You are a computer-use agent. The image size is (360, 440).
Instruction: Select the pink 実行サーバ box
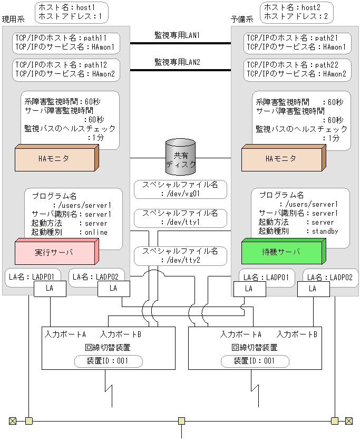click(55, 252)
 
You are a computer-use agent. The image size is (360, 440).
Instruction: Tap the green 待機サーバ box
click(283, 252)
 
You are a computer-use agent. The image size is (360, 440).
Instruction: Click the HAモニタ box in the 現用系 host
click(55, 159)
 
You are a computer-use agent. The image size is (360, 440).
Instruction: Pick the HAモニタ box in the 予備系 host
click(283, 159)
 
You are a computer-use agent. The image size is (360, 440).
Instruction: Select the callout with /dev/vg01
click(180, 189)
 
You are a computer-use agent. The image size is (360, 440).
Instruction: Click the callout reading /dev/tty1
click(180, 218)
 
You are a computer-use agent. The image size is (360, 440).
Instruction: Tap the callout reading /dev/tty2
click(180, 256)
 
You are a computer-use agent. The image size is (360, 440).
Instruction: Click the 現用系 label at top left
click(13, 19)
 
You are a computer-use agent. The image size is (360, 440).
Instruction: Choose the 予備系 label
click(242, 19)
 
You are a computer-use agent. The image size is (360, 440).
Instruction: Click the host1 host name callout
click(71, 12)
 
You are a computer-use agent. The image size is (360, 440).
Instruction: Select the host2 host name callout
click(299, 12)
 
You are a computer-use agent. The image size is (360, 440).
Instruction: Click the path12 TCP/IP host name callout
click(66, 70)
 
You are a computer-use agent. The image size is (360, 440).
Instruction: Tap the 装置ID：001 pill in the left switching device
click(108, 361)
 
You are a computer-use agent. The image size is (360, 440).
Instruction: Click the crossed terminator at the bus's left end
click(13, 420)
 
